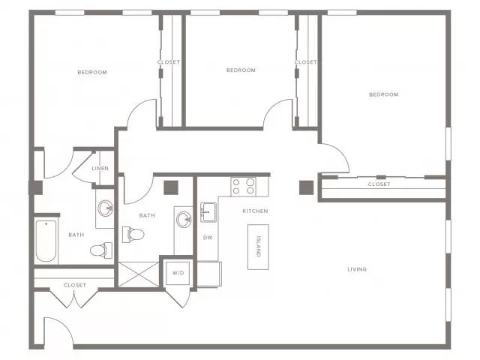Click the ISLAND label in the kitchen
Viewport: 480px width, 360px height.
259,247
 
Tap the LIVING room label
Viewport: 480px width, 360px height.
357,269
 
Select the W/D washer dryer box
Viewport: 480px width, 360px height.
178,273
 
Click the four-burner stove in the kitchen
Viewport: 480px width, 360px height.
243,187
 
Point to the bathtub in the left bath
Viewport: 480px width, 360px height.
46,241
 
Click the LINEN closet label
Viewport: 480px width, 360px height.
100,168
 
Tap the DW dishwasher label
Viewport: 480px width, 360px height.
208,238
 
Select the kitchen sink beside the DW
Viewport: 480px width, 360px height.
208,212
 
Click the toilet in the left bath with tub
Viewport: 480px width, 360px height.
101,250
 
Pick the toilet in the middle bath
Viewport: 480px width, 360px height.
133,235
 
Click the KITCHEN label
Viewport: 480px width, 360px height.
255,211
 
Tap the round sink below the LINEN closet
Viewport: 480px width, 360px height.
105,208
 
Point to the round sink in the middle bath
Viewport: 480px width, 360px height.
184,220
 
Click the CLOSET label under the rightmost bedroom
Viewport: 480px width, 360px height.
379,184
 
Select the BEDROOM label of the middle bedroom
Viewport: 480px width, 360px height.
241,70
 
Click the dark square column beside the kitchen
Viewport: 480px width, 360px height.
307,187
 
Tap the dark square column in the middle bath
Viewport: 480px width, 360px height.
171,187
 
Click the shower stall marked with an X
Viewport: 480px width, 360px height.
139,274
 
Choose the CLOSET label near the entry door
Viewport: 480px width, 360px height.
75,285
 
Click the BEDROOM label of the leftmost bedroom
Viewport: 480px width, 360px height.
92,72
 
